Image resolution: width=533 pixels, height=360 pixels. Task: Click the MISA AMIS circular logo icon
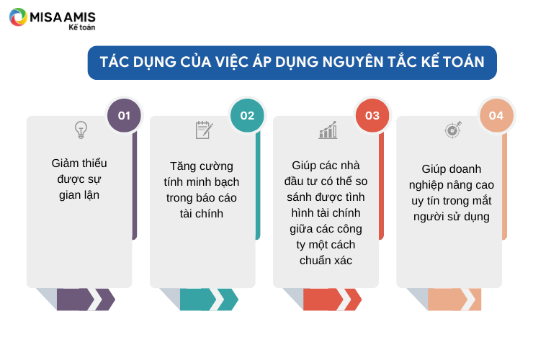coord(18,17)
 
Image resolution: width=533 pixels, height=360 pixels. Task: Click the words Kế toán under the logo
coord(82,27)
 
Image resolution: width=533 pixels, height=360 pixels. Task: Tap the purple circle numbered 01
coord(124,116)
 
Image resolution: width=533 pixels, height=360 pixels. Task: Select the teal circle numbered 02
coord(247,116)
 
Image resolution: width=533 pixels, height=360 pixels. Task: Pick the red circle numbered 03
coord(372,116)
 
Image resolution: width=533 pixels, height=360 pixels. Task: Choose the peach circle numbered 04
coord(496,116)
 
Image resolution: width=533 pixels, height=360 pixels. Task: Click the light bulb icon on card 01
coord(81,130)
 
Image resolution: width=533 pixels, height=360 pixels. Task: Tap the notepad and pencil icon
coord(205,130)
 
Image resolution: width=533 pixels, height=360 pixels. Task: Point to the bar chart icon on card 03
coord(328,130)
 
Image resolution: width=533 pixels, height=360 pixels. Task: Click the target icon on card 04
coord(453,130)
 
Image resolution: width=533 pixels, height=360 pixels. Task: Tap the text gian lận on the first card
coord(79,195)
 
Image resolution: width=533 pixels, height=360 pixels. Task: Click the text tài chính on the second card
coord(202,214)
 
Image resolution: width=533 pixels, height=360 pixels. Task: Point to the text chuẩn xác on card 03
coord(326,261)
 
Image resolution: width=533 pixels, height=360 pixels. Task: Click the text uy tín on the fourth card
coord(425,201)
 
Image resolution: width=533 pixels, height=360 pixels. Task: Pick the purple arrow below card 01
coord(86,300)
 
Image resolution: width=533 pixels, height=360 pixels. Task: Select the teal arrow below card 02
coord(209,300)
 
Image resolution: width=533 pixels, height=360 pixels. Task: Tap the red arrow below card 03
coord(333,300)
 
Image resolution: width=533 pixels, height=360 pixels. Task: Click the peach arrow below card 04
coord(454,300)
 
